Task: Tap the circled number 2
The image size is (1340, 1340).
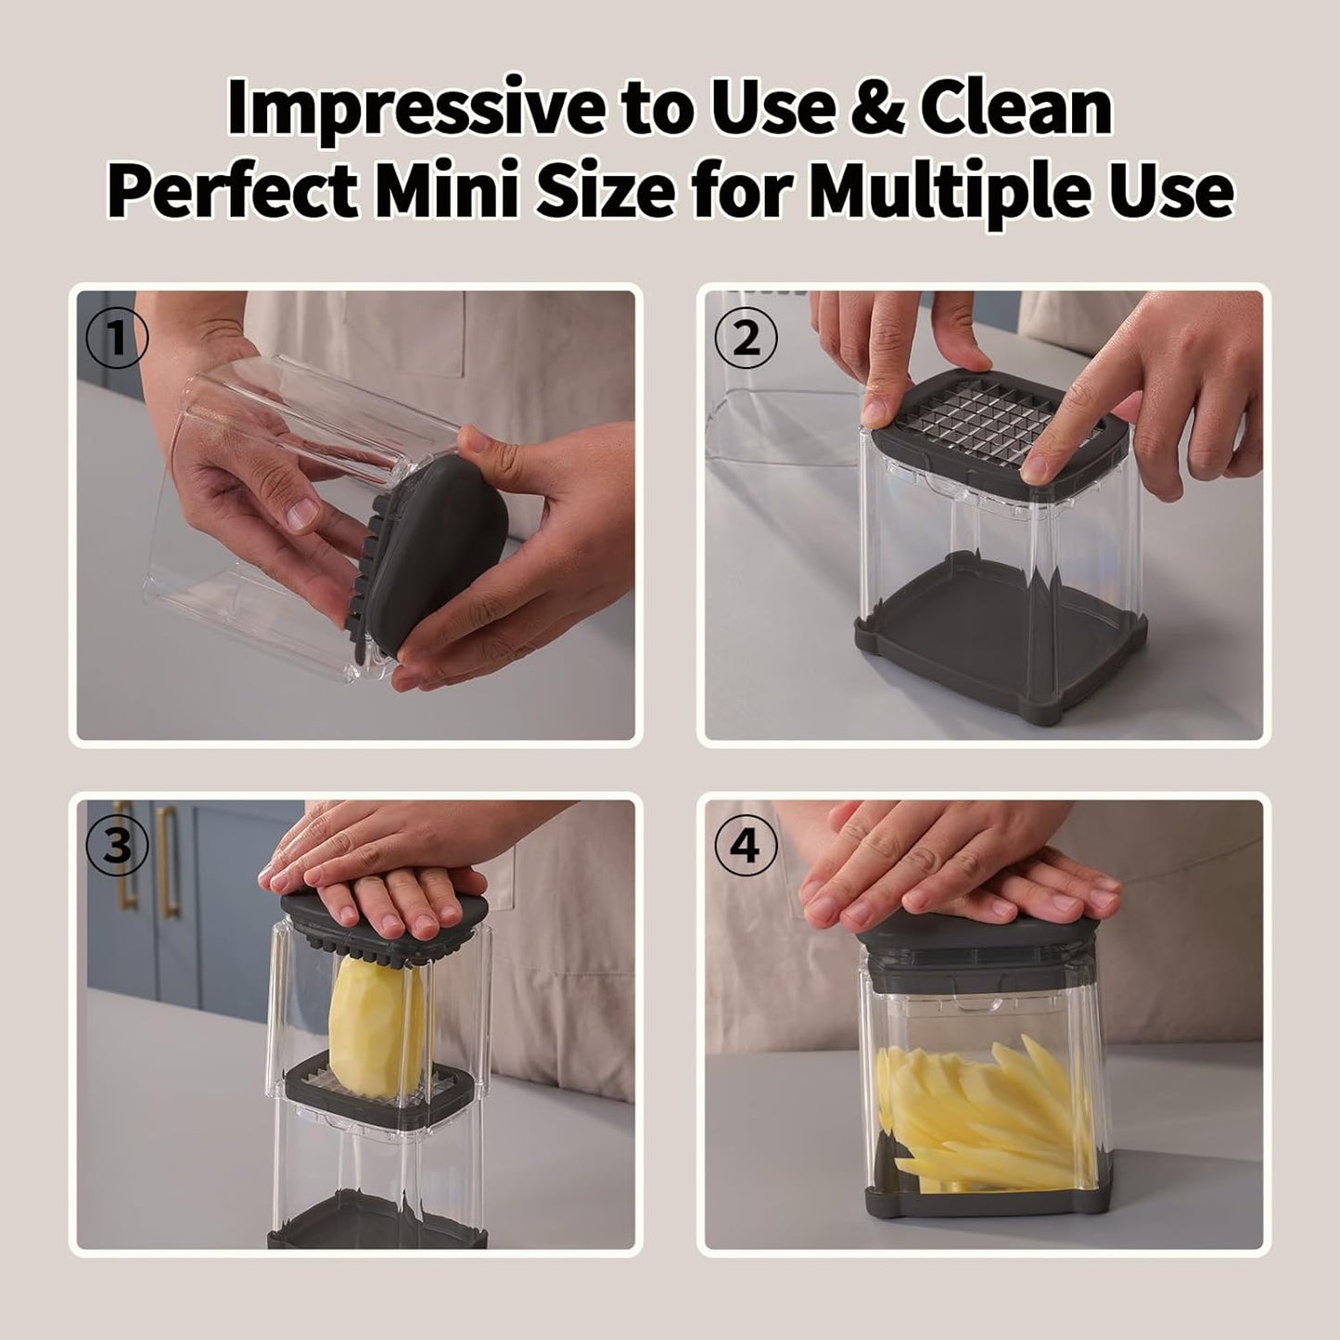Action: coord(747,338)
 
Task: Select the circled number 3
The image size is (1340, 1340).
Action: coord(117,847)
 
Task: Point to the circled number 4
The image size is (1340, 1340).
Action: coord(747,847)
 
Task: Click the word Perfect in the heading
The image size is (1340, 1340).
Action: coord(231,190)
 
